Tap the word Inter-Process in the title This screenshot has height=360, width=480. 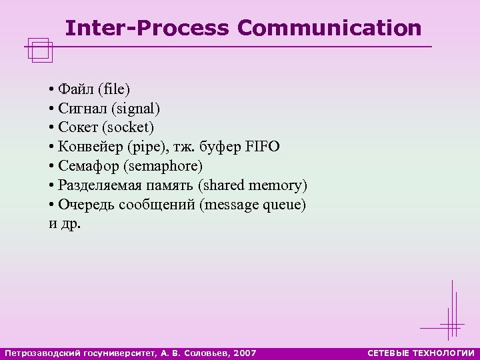147,28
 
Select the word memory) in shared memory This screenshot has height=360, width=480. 279,185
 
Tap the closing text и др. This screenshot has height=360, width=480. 65,224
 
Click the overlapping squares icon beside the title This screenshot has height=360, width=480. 41,50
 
